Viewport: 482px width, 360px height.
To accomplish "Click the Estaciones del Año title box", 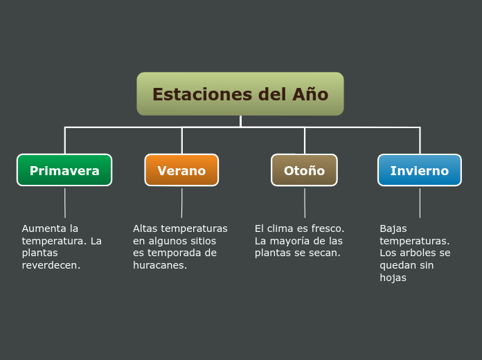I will [x=240, y=94].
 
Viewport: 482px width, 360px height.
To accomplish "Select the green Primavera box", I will [x=64, y=170].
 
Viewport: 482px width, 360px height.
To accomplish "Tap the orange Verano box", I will [x=181, y=170].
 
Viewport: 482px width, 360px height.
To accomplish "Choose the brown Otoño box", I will [x=304, y=170].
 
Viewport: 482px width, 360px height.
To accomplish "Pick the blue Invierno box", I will [x=419, y=170].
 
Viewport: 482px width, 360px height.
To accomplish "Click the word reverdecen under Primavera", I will [x=50, y=265].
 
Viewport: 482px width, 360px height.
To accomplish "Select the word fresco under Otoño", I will [x=327, y=228].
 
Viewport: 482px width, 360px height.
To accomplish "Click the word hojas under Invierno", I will [x=393, y=278].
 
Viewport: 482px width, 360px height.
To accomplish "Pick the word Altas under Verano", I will [x=145, y=228].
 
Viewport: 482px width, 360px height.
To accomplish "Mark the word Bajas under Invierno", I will [x=393, y=228].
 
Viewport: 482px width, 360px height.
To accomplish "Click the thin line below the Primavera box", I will [x=65, y=203].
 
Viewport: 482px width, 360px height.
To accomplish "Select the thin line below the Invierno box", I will [x=420, y=203].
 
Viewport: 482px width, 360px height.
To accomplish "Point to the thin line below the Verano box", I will [x=181, y=203].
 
